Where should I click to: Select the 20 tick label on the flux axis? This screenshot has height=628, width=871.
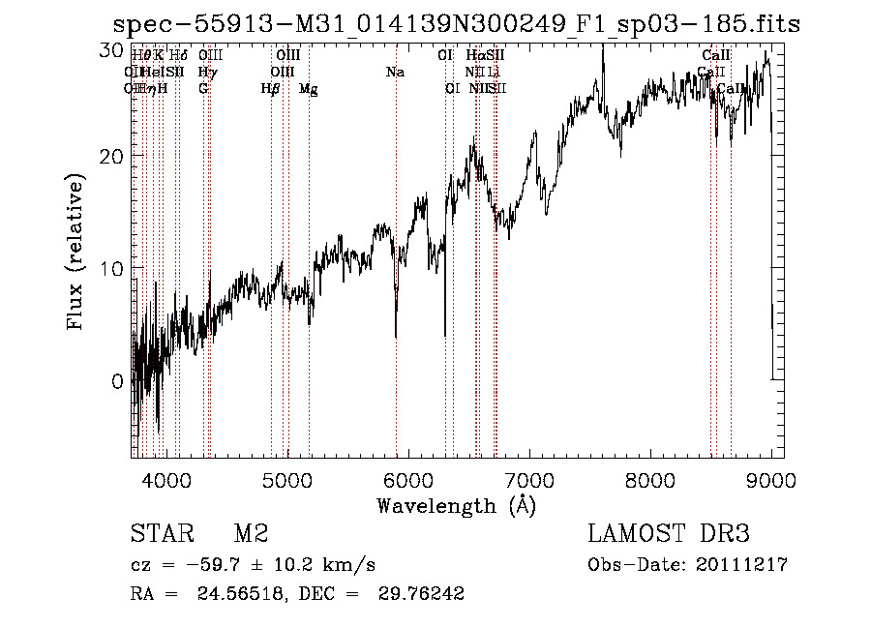tap(113, 156)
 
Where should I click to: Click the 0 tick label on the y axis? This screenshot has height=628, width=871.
tap(118, 381)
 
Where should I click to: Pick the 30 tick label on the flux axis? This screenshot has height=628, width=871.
tap(113, 48)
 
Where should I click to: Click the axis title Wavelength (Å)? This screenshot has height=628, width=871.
tap(456, 505)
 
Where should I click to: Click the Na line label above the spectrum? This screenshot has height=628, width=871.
tap(395, 73)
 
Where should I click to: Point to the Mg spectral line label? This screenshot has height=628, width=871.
tap(309, 89)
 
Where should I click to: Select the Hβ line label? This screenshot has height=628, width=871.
tap(270, 89)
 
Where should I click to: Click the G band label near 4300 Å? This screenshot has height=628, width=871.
tap(203, 89)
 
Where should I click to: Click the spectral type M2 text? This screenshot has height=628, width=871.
tap(251, 534)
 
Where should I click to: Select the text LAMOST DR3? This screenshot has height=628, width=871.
tap(669, 534)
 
